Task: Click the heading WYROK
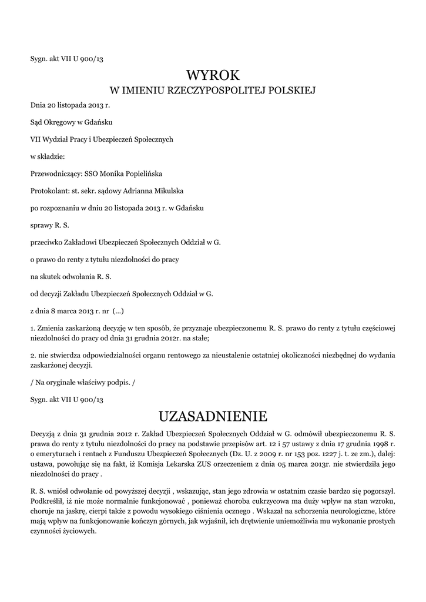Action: pos(213,75)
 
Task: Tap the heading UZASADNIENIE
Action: pos(213,416)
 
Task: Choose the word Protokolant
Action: pos(49,190)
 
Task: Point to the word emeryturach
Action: pos(56,454)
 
